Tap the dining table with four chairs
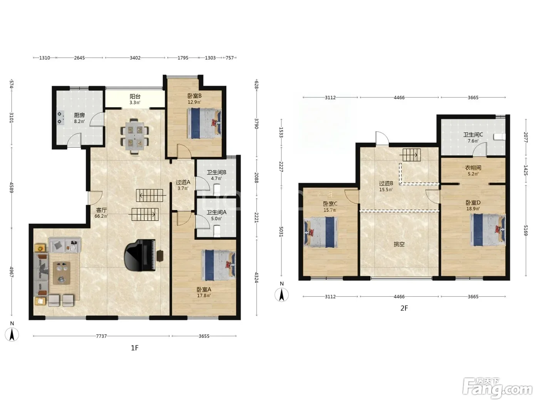(134, 137)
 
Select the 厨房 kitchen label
(79, 115)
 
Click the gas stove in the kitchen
(60, 118)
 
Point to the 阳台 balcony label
(135, 97)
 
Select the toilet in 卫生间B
(217, 190)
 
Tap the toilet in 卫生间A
(217, 231)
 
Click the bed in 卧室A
(218, 265)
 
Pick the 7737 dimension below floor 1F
(101, 336)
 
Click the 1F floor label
(135, 348)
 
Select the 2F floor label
(404, 308)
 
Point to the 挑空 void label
(399, 244)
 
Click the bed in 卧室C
(321, 232)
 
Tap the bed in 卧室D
(488, 230)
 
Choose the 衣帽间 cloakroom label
(473, 168)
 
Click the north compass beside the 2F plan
(282, 295)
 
